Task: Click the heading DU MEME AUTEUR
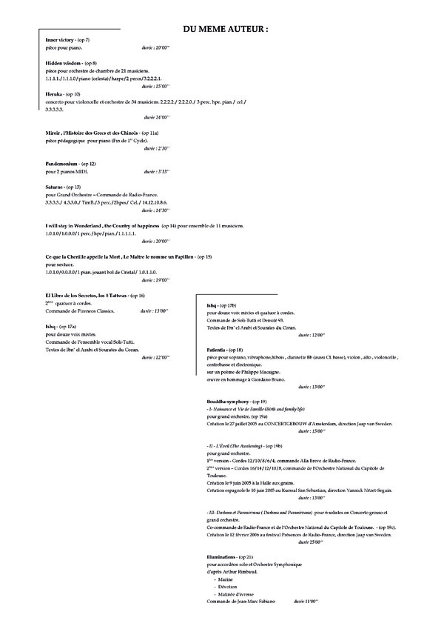point(226,28)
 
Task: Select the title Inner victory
point(61,39)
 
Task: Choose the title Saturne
point(54,187)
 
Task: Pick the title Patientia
point(219,348)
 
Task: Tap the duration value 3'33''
point(165,171)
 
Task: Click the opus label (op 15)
point(203,256)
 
